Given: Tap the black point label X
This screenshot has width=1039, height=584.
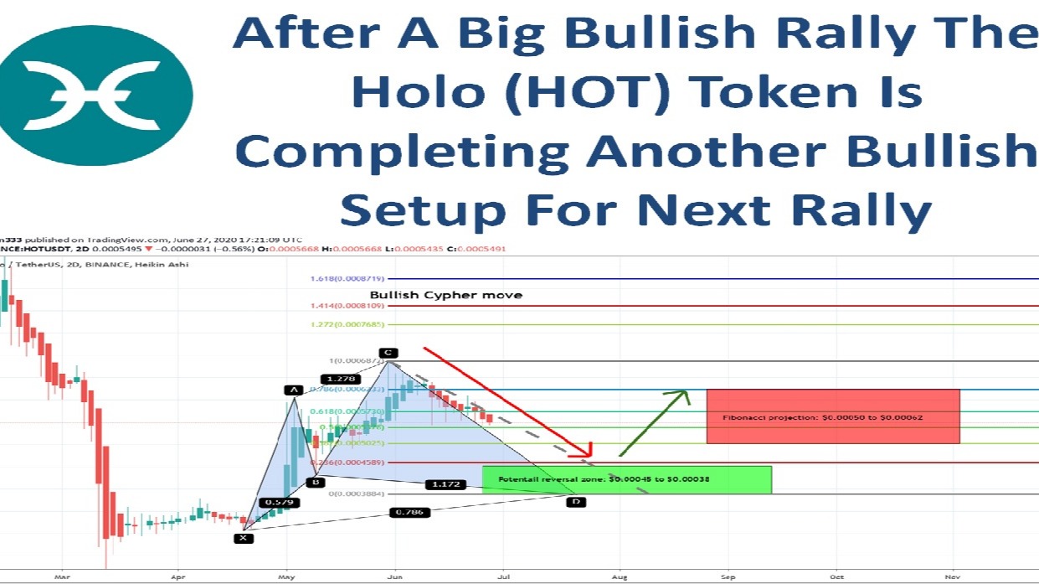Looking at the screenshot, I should tap(243, 538).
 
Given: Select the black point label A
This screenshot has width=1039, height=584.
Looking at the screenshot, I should tap(293, 390).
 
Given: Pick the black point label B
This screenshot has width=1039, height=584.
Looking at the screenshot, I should tap(315, 482).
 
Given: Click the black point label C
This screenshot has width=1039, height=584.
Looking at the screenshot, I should tap(388, 353).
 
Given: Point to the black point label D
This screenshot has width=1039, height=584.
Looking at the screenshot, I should tap(575, 501).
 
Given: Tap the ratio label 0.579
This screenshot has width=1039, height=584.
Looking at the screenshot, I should tap(279, 503).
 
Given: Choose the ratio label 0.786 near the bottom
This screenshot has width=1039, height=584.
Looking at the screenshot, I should tap(408, 511).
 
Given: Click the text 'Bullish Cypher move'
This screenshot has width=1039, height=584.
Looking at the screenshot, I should tap(445, 295).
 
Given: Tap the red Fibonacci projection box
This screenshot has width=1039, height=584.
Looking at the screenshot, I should tap(832, 416).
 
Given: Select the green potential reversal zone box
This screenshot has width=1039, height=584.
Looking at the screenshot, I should tap(626, 479).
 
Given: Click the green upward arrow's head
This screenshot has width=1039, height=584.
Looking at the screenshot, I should tap(682, 395).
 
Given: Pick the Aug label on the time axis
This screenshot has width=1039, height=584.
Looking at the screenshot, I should tap(619, 577).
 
